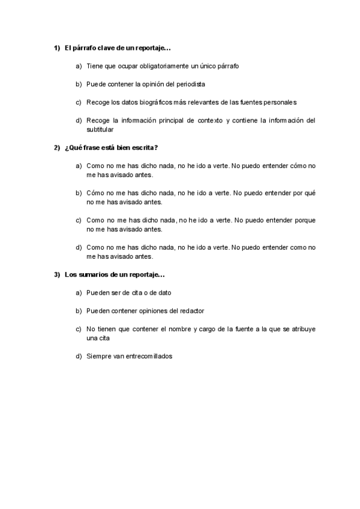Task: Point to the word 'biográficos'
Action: tap(160, 102)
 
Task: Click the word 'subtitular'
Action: tap(100, 128)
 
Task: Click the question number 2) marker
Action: tap(57, 147)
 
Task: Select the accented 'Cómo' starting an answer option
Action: tap(95, 193)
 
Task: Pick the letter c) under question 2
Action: tap(79, 220)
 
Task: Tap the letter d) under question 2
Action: tap(79, 247)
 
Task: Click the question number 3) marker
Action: tap(57, 274)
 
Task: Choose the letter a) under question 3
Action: tap(79, 292)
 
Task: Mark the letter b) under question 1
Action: tap(79, 84)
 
